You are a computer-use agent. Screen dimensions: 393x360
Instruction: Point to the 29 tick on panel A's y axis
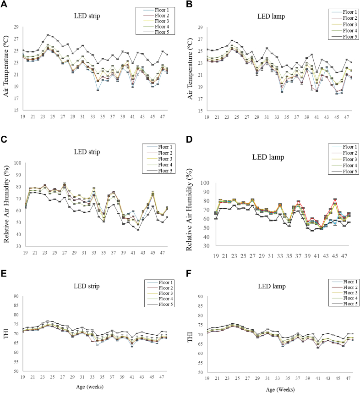pyautogui.click(x=15, y=15)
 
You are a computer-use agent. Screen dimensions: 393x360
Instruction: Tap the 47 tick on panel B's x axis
pyautogui.click(x=347, y=117)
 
